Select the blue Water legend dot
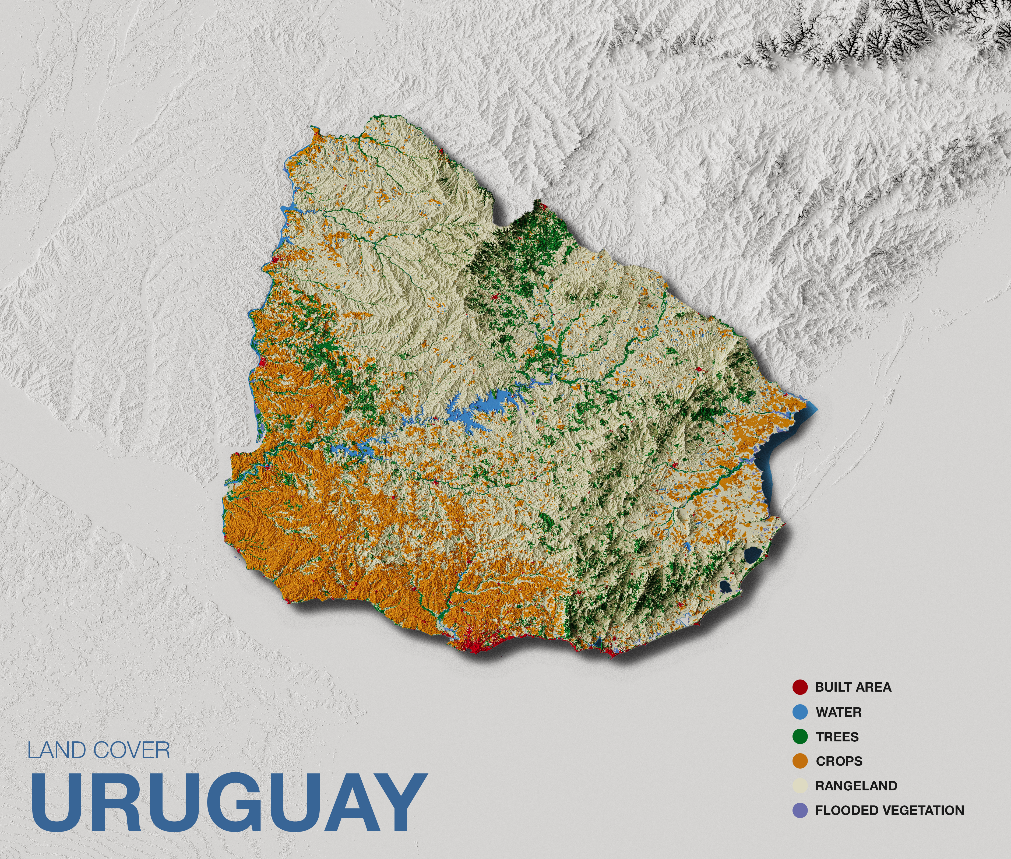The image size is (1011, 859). tap(800, 712)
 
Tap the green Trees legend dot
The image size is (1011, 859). tap(800, 737)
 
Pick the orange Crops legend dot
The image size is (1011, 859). tap(800, 761)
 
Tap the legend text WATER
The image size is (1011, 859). tap(839, 712)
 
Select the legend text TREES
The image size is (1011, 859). tap(837, 737)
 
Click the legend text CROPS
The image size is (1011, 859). tap(839, 761)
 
